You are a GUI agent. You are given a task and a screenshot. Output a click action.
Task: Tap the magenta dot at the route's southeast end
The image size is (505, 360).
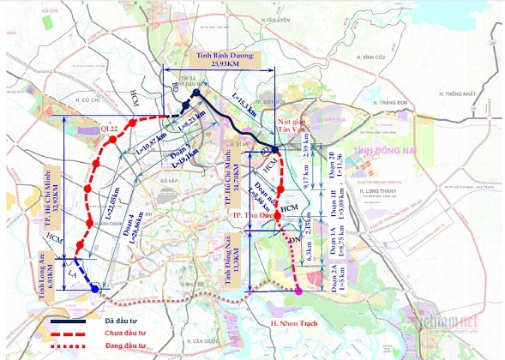click(298, 291)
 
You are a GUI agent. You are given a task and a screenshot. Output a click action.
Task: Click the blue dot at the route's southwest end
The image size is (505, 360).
click(94, 289)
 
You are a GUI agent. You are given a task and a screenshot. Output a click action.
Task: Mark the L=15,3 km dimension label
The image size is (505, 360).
click(244, 107)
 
